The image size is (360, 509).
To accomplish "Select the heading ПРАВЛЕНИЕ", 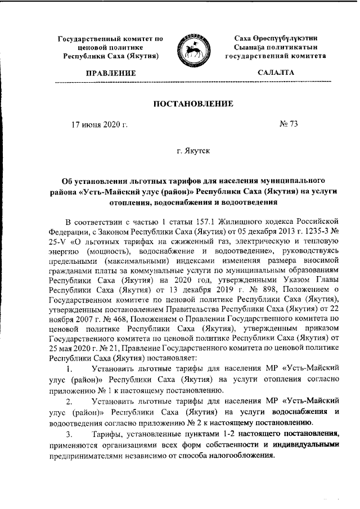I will click(111, 74).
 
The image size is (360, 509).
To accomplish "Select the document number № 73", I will click(289, 124).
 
